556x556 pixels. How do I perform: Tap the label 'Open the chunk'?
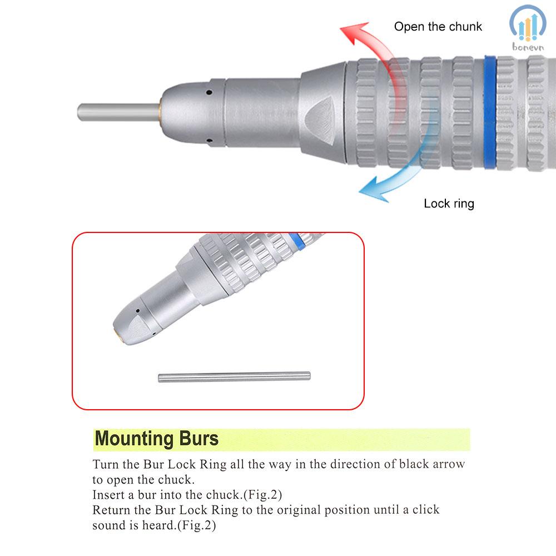coord(438,26)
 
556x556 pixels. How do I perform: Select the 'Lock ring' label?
coord(449,203)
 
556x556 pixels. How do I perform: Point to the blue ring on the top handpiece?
coord(490,111)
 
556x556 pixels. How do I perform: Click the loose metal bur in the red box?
coord(234,377)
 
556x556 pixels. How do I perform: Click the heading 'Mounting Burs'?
coord(157,439)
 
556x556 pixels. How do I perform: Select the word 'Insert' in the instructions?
coord(109,494)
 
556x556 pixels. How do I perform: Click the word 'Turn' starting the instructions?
coord(105,464)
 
